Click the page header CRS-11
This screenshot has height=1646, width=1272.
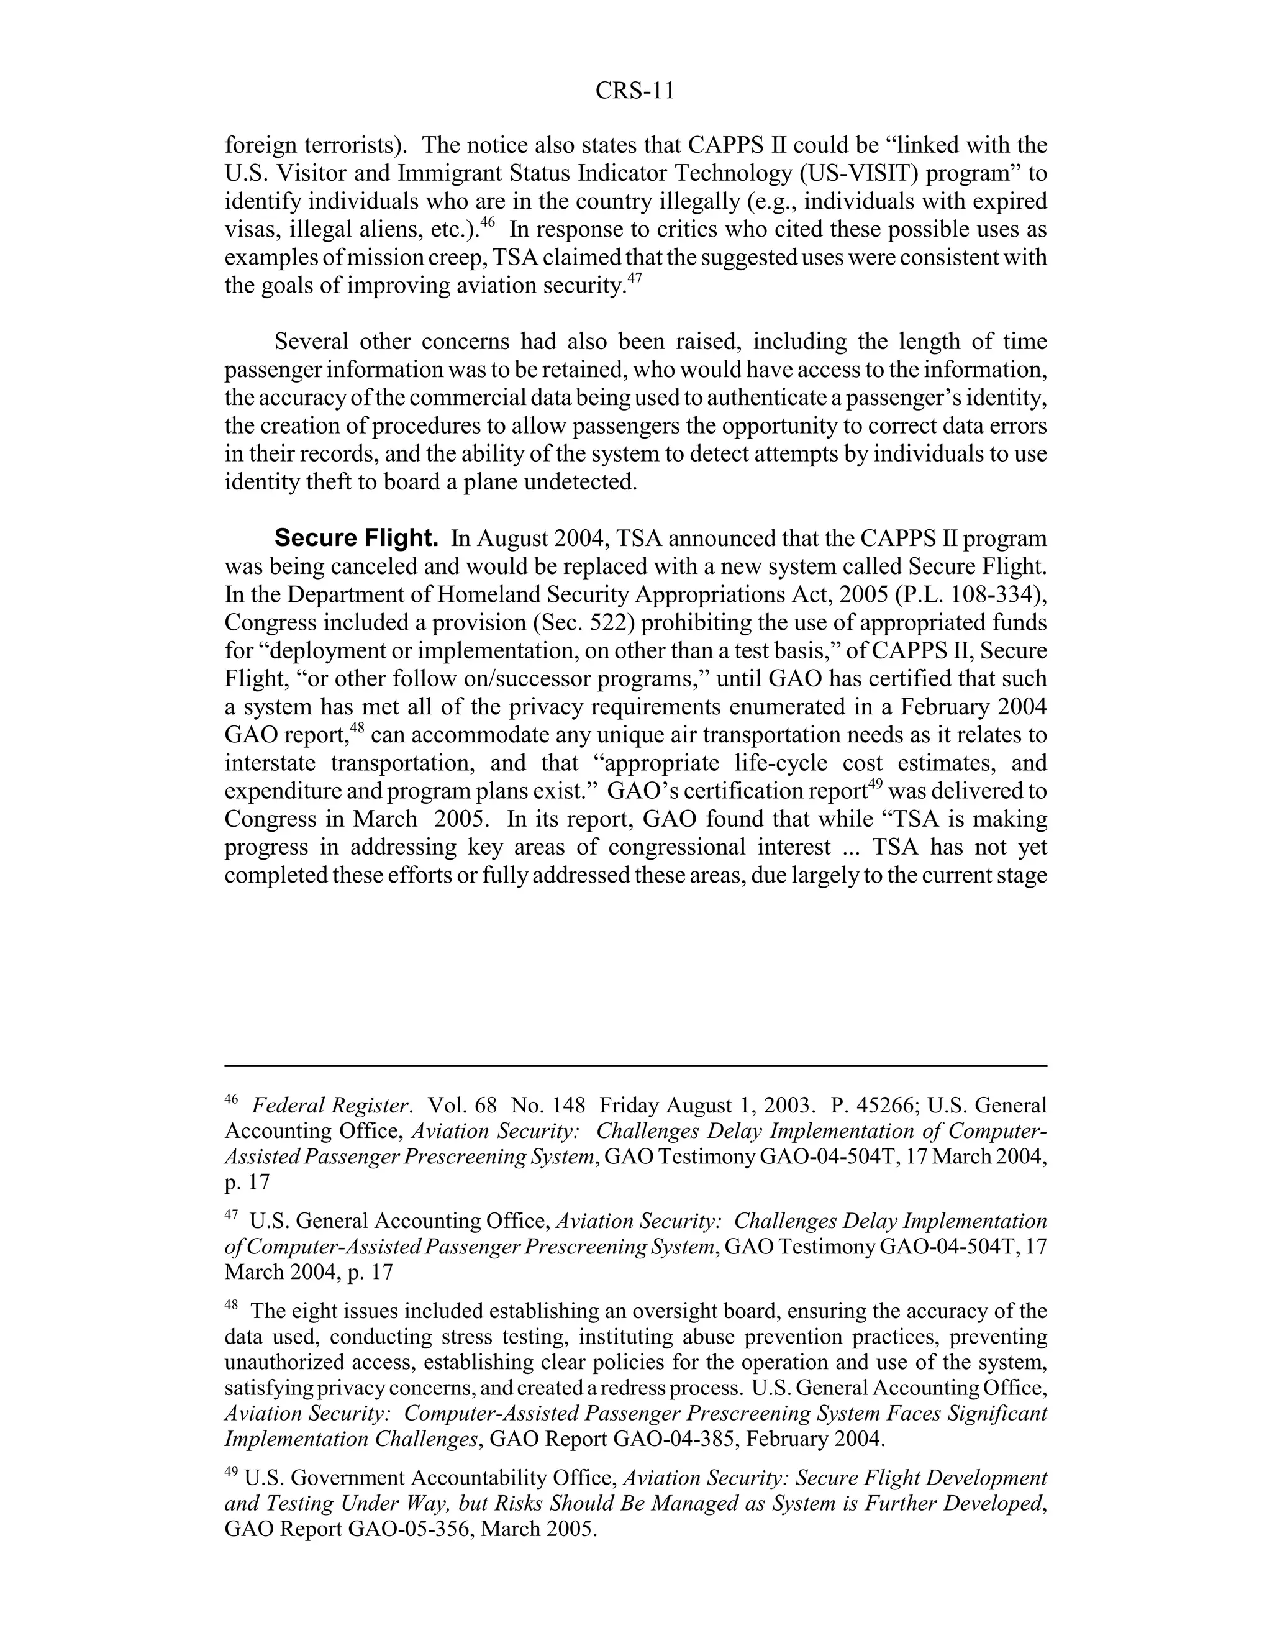635,91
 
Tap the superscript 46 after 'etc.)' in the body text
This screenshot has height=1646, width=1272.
487,222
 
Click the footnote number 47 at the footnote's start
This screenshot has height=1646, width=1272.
231,1215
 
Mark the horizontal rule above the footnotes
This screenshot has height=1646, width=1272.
635,1066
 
